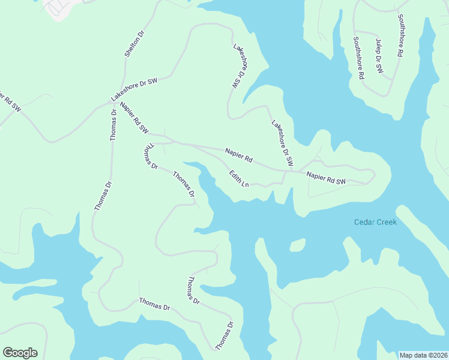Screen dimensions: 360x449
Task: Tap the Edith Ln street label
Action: click(239, 178)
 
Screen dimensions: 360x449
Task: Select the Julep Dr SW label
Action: click(379, 57)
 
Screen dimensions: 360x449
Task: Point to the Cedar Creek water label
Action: click(375, 222)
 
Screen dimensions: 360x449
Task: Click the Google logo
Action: click(20, 353)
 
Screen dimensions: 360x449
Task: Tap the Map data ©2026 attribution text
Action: click(423, 355)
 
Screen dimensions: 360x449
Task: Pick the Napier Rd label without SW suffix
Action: click(238, 154)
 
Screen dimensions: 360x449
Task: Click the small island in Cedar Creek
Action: click(297, 245)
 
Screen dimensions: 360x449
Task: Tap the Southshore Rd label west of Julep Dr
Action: click(359, 58)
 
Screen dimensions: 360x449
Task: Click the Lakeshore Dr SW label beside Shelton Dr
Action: click(133, 91)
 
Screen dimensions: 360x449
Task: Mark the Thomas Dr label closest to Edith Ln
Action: click(184, 184)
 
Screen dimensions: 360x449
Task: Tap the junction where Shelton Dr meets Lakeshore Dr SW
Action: click(122, 85)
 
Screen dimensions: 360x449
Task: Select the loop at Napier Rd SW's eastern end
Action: click(367, 176)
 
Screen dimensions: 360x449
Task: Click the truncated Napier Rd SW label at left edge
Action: click(9, 101)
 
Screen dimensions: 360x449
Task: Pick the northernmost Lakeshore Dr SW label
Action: click(240, 67)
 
